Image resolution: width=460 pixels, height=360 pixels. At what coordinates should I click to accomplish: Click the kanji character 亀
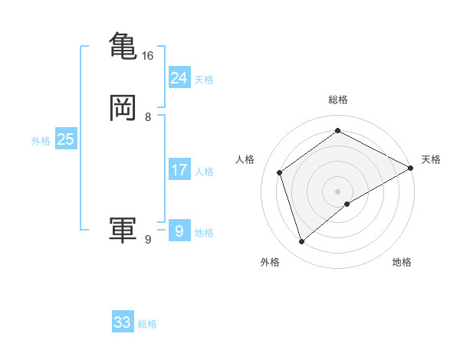click(123, 44)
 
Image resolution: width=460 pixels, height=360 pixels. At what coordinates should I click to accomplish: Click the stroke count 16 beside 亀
click(147, 56)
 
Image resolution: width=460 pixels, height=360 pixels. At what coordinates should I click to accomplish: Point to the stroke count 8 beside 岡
click(148, 117)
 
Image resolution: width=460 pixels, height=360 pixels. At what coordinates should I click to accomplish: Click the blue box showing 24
click(179, 77)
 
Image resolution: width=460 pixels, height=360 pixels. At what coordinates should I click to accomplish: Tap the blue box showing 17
click(179, 170)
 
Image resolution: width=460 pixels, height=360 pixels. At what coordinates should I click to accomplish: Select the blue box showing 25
click(65, 139)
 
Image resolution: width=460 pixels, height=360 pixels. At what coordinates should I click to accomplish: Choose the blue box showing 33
click(123, 322)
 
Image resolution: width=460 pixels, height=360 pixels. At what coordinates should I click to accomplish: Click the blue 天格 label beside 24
click(205, 80)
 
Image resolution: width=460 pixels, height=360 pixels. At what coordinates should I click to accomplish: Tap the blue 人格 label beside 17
click(205, 172)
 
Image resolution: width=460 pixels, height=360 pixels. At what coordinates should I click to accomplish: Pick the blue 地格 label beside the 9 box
click(205, 233)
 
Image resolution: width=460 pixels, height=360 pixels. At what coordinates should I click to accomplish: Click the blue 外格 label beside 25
click(41, 141)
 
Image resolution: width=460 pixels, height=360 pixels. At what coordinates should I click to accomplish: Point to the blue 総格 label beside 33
click(148, 324)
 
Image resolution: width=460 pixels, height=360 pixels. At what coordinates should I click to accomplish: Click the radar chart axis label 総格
click(338, 100)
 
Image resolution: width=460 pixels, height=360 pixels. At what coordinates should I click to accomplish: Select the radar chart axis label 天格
click(431, 159)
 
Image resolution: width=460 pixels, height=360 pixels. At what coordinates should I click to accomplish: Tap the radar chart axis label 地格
click(402, 262)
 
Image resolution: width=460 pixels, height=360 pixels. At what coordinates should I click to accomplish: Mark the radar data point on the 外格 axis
click(301, 242)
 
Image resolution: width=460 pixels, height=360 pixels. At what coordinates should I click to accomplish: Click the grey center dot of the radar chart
click(338, 191)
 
